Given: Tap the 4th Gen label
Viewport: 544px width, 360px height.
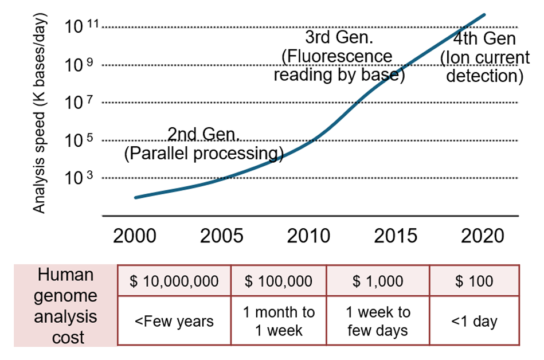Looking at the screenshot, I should (484, 58).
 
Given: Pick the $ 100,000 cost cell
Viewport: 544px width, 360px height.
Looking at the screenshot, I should (279, 281).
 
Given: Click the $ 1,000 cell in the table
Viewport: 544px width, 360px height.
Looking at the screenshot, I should (378, 281).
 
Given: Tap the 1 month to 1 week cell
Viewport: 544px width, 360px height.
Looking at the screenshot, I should (279, 321).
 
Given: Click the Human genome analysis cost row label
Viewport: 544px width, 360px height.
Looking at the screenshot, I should (65, 306).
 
